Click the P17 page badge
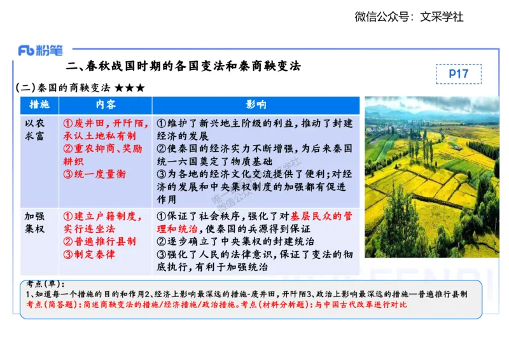[458, 74]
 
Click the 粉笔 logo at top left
[41, 50]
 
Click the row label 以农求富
[35, 129]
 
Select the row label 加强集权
[35, 222]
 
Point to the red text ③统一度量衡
[95, 174]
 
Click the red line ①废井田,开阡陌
[106, 123]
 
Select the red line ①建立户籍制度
[102, 216]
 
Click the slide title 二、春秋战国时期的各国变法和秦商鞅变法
[183, 66]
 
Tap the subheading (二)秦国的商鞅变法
[62, 88]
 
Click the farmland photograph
[431, 177]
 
